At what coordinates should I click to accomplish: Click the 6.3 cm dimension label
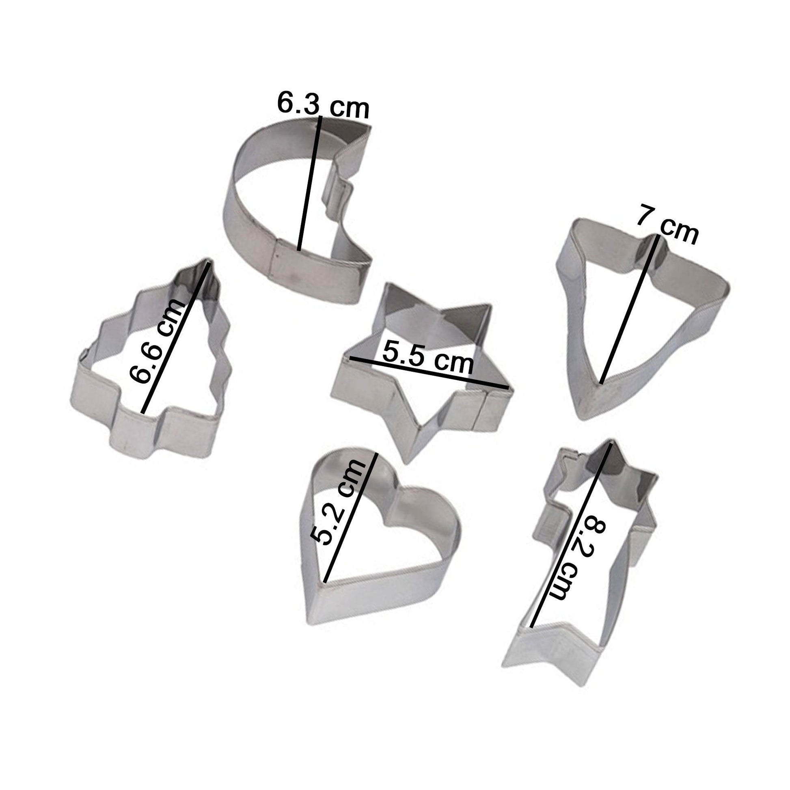click(323, 105)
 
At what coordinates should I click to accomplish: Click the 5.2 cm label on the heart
click(337, 502)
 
